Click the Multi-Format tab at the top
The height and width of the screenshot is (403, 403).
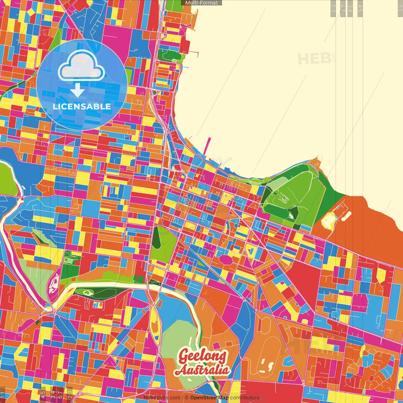[x=201, y=3]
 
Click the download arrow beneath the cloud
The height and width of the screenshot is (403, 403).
[x=77, y=90]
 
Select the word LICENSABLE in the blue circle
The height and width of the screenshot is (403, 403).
[x=82, y=106]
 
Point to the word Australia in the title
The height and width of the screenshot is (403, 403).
[x=202, y=370]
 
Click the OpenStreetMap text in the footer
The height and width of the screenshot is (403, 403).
[x=209, y=398]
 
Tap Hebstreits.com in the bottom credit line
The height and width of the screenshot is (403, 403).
[x=162, y=398]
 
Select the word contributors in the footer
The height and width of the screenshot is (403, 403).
[x=245, y=398]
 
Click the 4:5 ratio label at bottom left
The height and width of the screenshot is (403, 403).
[x=43, y=394]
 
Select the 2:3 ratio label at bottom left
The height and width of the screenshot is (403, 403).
[x=70, y=394]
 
